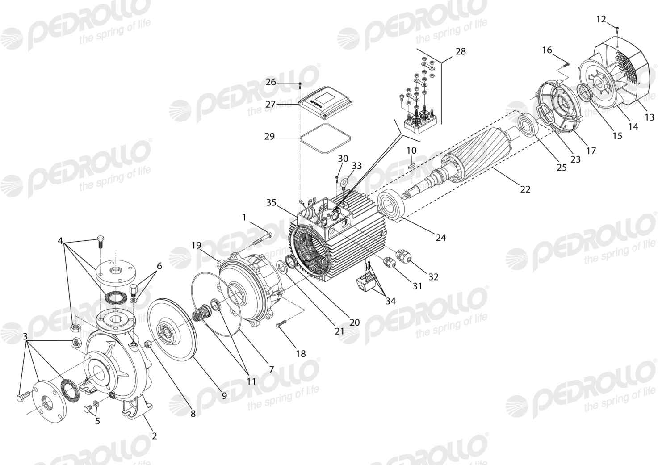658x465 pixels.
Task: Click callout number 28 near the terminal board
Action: [x=461, y=51]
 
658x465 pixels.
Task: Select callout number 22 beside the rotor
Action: [x=525, y=189]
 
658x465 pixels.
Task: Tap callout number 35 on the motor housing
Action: [x=272, y=202]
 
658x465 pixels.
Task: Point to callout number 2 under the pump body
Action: [x=154, y=436]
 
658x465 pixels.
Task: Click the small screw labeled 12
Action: [x=617, y=29]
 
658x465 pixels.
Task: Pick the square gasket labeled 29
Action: [x=325, y=138]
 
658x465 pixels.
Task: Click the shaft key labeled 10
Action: [x=411, y=166]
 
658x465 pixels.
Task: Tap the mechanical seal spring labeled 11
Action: [x=201, y=313]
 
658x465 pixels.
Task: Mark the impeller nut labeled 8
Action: [x=148, y=344]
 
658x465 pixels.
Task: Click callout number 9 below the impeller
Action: [x=224, y=396]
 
